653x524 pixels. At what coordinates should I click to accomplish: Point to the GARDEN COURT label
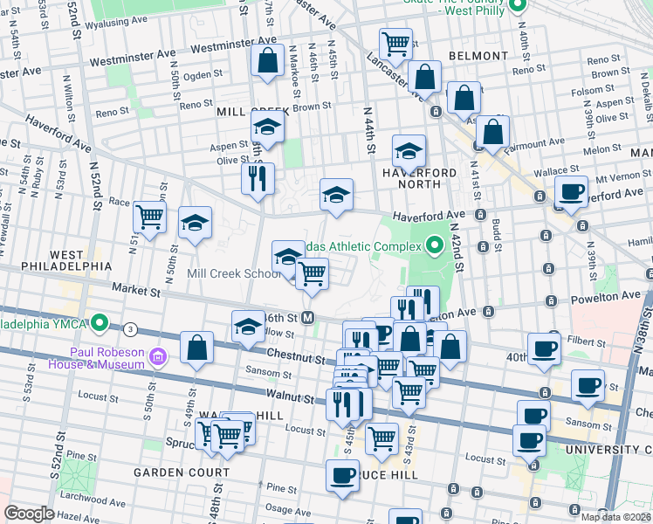pos(182,472)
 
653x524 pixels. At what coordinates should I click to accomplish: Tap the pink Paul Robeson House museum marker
pos(157,356)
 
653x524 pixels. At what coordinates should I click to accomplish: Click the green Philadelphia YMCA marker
pos(100,325)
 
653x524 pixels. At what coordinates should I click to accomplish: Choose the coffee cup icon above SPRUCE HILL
pos(342,475)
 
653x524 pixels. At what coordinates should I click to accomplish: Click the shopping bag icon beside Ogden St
pos(266,61)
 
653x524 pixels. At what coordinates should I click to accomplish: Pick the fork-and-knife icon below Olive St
pos(258,179)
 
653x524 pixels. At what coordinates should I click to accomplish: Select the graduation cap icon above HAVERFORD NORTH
pos(409,151)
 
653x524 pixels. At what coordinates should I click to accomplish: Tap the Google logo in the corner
pos(29,514)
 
